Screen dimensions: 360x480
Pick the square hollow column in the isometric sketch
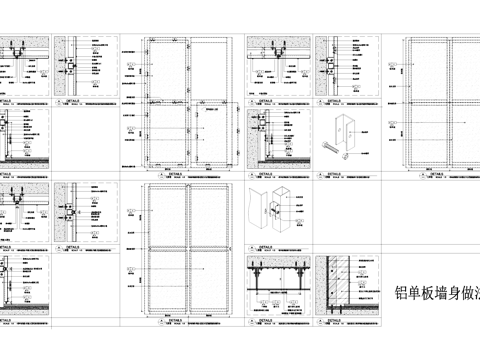click(x=278, y=205)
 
